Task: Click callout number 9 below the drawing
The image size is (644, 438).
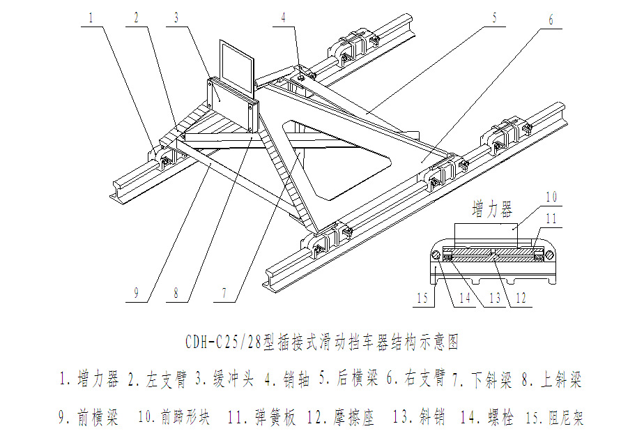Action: (137, 294)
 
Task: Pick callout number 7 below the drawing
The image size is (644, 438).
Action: (224, 294)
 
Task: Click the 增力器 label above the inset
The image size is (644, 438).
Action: (492, 209)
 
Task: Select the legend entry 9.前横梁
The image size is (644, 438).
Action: (88, 418)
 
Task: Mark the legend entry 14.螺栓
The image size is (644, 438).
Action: (486, 418)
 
